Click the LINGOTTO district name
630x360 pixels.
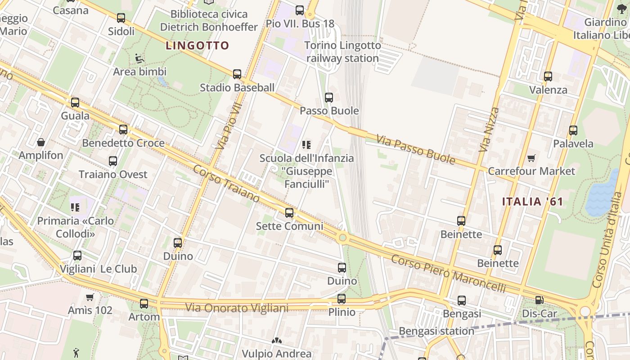[x=198, y=45]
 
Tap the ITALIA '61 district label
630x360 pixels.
[x=532, y=202]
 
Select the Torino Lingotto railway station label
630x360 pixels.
[x=342, y=52]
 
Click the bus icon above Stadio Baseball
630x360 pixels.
[x=237, y=74]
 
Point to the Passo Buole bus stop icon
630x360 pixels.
[x=329, y=98]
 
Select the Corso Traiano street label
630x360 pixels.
[x=226, y=184]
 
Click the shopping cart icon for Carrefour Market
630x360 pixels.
[x=531, y=158]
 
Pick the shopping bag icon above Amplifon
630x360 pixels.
[x=41, y=143]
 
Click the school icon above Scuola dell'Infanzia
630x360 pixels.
[x=307, y=145]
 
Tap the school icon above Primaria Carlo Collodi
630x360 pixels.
[x=75, y=207]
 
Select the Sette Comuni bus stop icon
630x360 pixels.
[x=289, y=212]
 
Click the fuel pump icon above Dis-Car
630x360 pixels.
[x=539, y=300]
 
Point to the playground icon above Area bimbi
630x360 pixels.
[x=139, y=58]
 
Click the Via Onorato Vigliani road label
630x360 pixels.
[x=237, y=308]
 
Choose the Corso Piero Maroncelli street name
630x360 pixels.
[x=448, y=274]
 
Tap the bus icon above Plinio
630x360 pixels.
[x=342, y=299]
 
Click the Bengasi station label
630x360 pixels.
[x=436, y=331]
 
